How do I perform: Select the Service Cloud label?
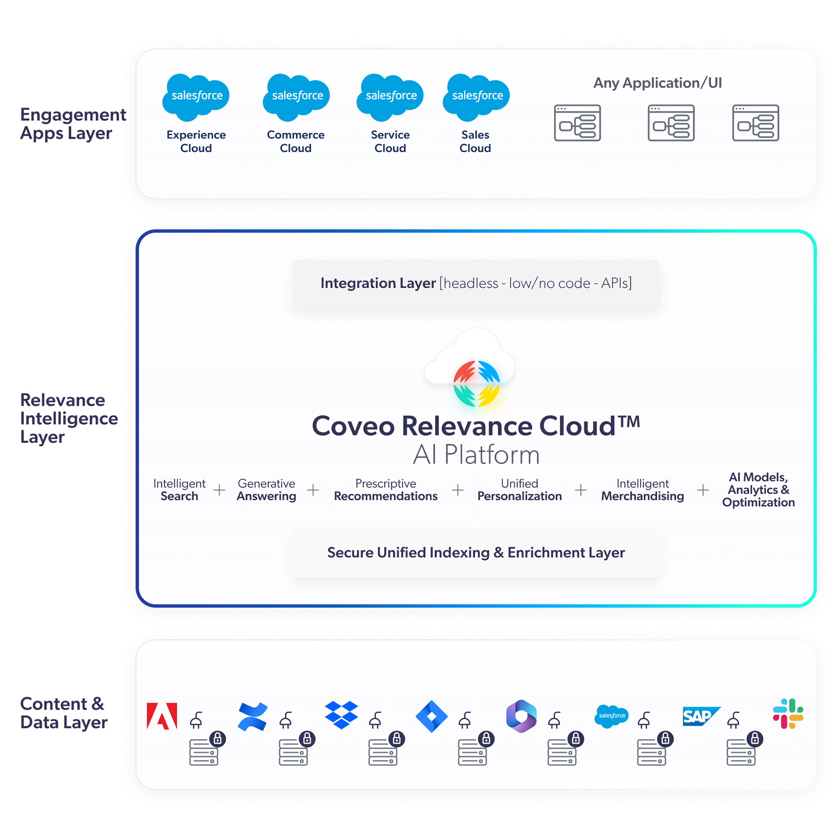390,141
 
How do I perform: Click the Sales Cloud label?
475,141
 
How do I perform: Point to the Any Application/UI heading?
657,83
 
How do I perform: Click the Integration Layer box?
476,283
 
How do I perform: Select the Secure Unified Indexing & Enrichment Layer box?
476,553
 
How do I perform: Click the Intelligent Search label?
179,490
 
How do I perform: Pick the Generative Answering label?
266,490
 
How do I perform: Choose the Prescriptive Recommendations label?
385,490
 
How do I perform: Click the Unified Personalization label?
519,490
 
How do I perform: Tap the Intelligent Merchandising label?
643,490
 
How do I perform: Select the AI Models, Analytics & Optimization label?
758,490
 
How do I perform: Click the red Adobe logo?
162,716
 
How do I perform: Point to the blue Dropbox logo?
341,715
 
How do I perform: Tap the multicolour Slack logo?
788,714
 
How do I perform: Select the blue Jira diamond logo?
432,716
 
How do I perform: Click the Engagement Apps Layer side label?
72,124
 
